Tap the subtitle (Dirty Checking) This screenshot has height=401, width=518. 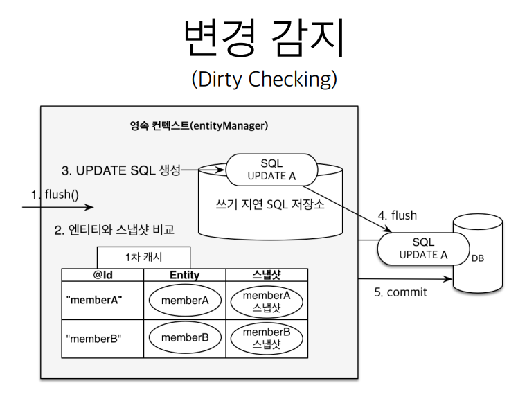[x=265, y=80]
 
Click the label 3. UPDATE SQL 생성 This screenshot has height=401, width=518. [x=121, y=170]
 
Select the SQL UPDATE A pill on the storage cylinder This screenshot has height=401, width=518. [x=271, y=169]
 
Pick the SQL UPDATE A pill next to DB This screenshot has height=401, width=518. [x=423, y=248]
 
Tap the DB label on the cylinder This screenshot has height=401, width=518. [x=478, y=258]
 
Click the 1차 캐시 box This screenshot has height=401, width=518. [x=143, y=257]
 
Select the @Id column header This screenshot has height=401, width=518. [x=102, y=276]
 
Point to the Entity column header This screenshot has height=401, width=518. [x=184, y=276]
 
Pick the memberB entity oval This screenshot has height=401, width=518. [x=184, y=338]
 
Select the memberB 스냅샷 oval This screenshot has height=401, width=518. [x=267, y=338]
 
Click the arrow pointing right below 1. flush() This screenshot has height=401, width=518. [x=59, y=206]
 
